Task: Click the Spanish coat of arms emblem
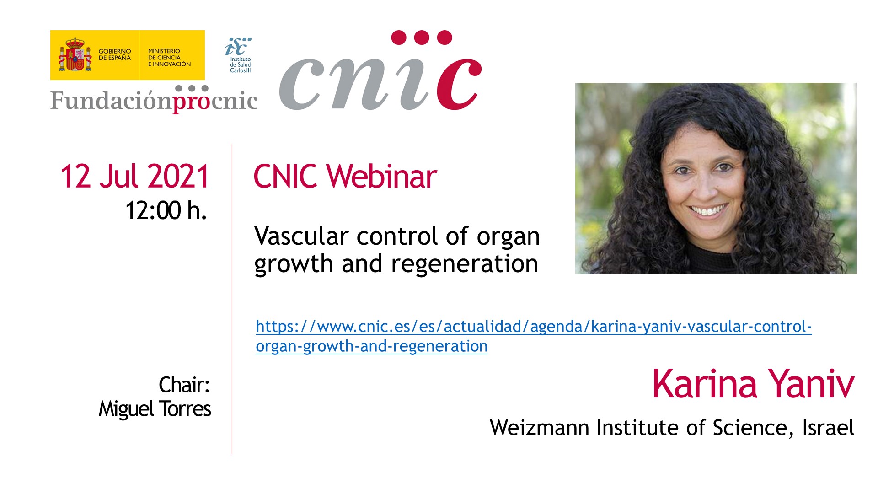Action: click(75, 54)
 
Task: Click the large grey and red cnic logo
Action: click(380, 70)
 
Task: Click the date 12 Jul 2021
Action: click(135, 176)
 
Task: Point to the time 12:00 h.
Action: click(166, 211)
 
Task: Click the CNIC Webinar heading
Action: click(345, 177)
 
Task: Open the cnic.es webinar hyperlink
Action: click(534, 336)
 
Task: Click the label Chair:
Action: click(184, 385)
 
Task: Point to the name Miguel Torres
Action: click(155, 409)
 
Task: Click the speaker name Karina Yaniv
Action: click(753, 384)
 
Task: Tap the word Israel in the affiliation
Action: click(828, 428)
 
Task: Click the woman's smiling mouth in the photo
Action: click(708, 211)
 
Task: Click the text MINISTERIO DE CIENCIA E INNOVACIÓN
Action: click(169, 58)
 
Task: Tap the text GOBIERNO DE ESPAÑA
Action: click(115, 54)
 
